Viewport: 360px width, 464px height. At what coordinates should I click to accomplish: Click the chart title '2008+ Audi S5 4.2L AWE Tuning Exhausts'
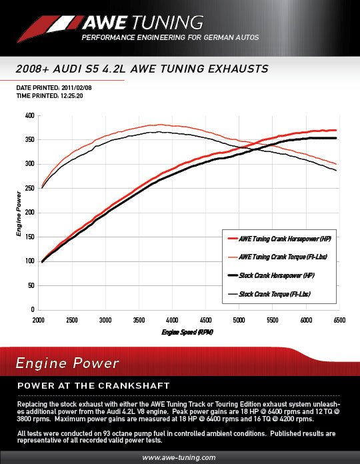click(141, 69)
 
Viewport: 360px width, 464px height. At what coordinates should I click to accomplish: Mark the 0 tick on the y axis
click(32, 310)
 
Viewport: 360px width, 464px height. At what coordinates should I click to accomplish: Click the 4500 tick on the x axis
click(206, 320)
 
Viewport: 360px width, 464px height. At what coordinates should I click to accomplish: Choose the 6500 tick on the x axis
click(339, 320)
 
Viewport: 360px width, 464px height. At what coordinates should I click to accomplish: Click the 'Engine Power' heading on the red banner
click(67, 363)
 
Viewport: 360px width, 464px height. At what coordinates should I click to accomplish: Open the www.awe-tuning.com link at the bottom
click(179, 457)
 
